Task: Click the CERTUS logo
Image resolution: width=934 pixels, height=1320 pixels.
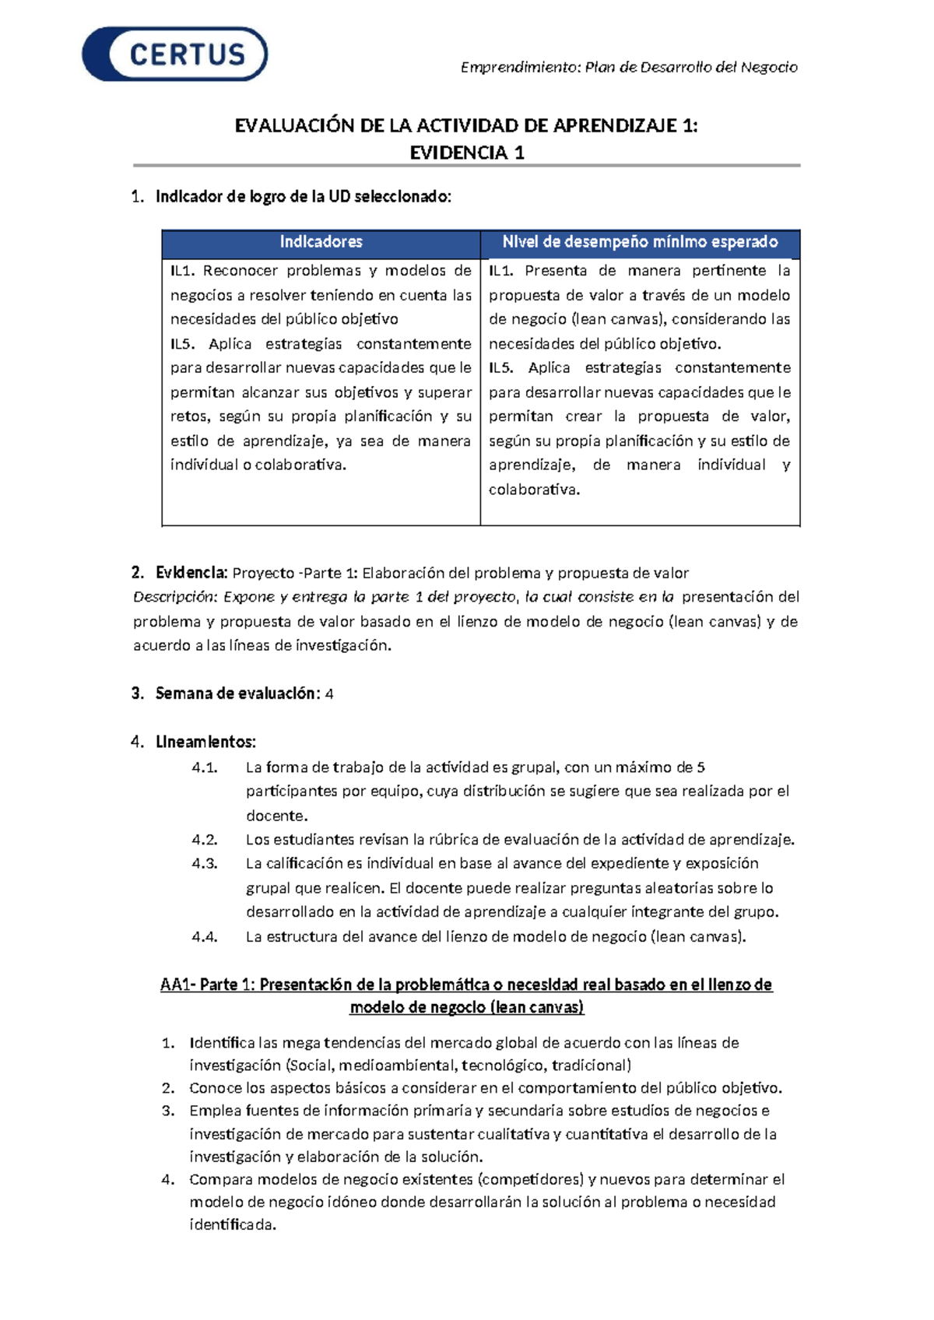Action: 175,54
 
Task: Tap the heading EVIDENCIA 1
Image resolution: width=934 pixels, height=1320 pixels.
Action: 467,153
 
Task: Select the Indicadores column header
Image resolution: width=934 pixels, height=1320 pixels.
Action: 321,242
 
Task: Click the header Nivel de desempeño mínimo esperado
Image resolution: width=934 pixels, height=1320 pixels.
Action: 640,242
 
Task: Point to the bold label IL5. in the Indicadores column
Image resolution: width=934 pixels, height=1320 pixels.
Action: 183,344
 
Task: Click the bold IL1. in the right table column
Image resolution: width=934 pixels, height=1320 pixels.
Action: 501,271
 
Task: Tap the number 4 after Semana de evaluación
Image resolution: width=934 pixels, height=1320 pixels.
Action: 329,693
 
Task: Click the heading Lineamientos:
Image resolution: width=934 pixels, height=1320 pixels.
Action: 205,742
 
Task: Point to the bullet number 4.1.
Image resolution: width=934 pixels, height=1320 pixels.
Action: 204,767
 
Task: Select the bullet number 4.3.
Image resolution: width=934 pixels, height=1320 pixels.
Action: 204,863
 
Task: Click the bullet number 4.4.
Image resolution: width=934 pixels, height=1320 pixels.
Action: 204,936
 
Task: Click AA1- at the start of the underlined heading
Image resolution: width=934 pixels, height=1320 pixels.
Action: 177,985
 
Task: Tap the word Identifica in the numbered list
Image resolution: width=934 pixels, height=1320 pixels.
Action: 222,1043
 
